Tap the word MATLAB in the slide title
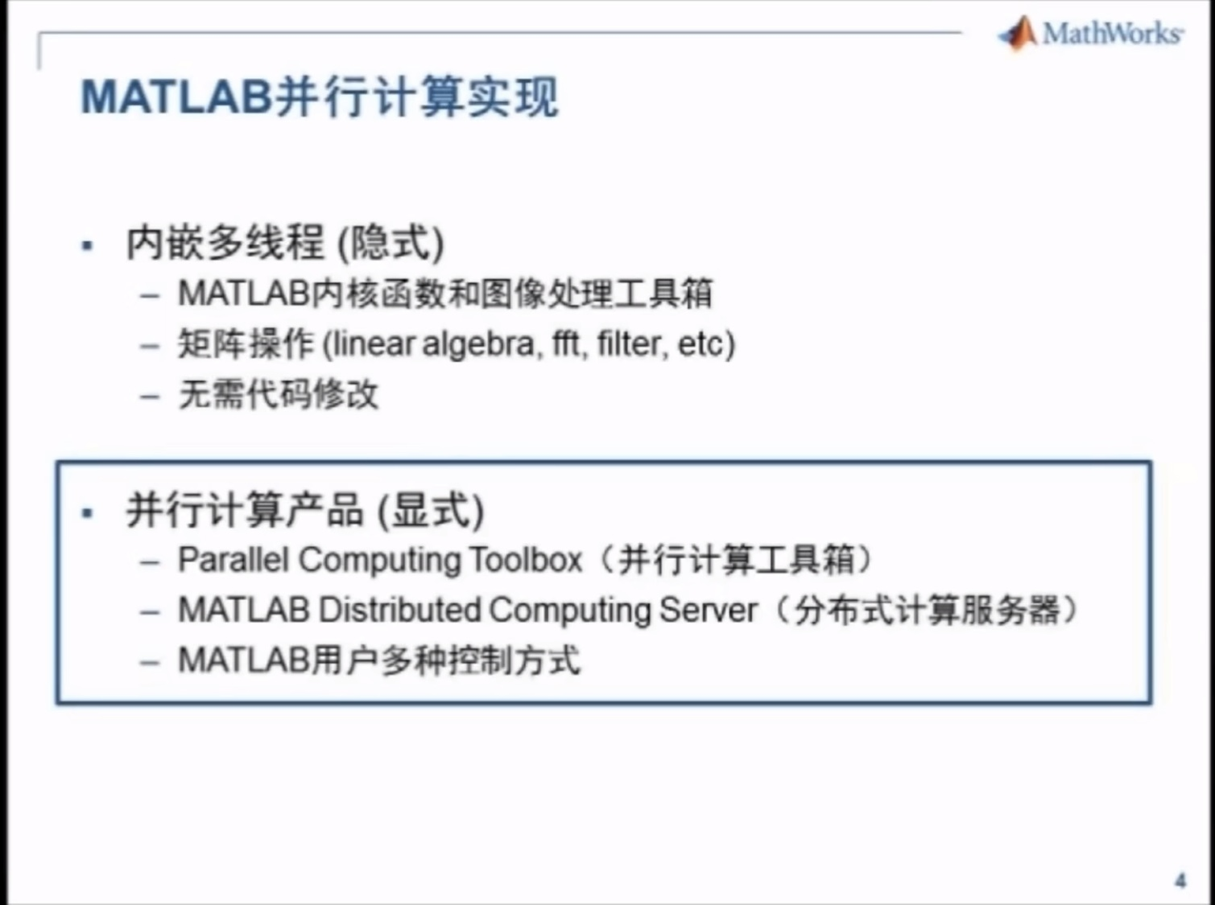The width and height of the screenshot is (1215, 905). pyautogui.click(x=176, y=97)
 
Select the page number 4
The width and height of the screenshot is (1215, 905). pyautogui.click(x=1180, y=880)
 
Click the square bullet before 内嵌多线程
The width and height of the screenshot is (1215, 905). pyautogui.click(x=87, y=245)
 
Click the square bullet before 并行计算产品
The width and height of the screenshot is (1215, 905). pyautogui.click(x=87, y=513)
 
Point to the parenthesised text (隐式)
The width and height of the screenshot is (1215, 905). pyautogui.click(x=391, y=243)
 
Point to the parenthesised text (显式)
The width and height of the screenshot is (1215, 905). pyautogui.click(x=431, y=511)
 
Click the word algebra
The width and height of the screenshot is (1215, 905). pyautogui.click(x=479, y=345)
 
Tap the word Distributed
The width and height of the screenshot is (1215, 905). pyautogui.click(x=399, y=609)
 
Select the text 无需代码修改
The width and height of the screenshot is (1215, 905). pyautogui.click(x=279, y=395)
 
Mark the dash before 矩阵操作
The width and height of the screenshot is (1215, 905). pyautogui.click(x=150, y=346)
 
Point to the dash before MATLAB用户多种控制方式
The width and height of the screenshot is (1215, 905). pyautogui.click(x=150, y=662)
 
